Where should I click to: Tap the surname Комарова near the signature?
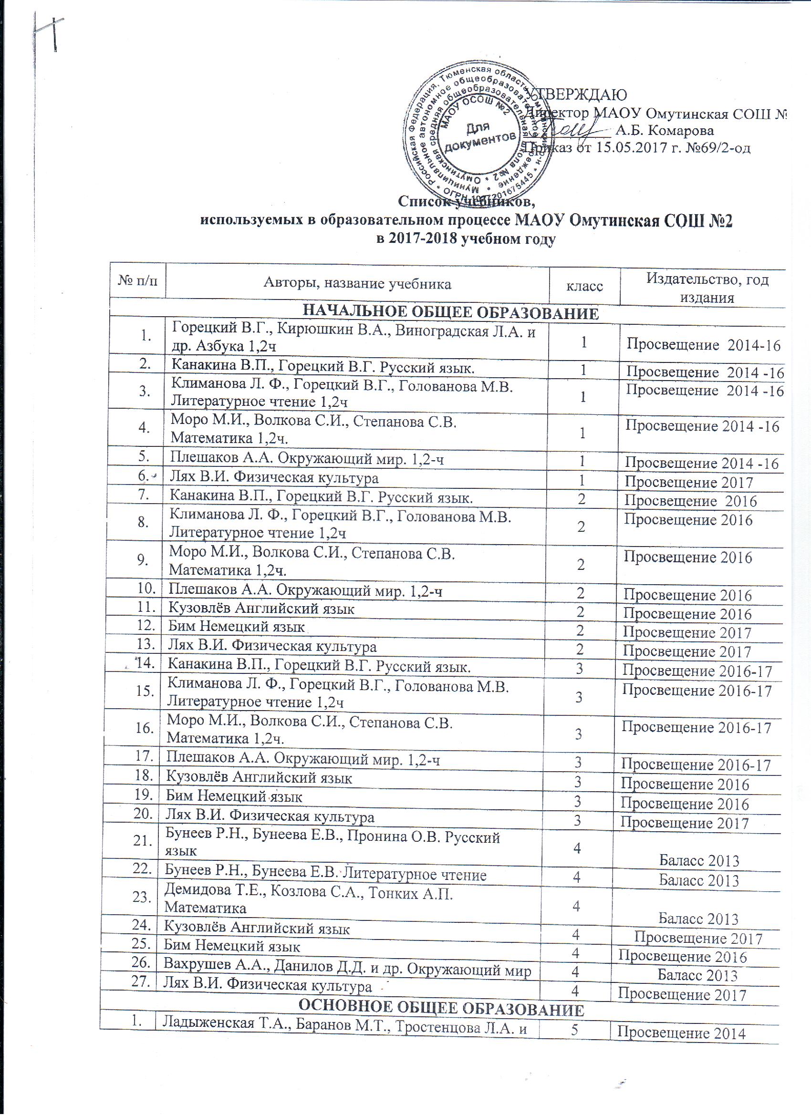point(681,130)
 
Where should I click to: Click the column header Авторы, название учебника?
point(357,283)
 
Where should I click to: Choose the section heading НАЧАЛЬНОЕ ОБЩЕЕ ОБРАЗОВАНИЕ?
point(450,313)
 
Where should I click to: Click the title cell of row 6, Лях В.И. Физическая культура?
point(274,477)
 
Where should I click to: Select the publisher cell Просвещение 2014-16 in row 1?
point(703,346)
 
